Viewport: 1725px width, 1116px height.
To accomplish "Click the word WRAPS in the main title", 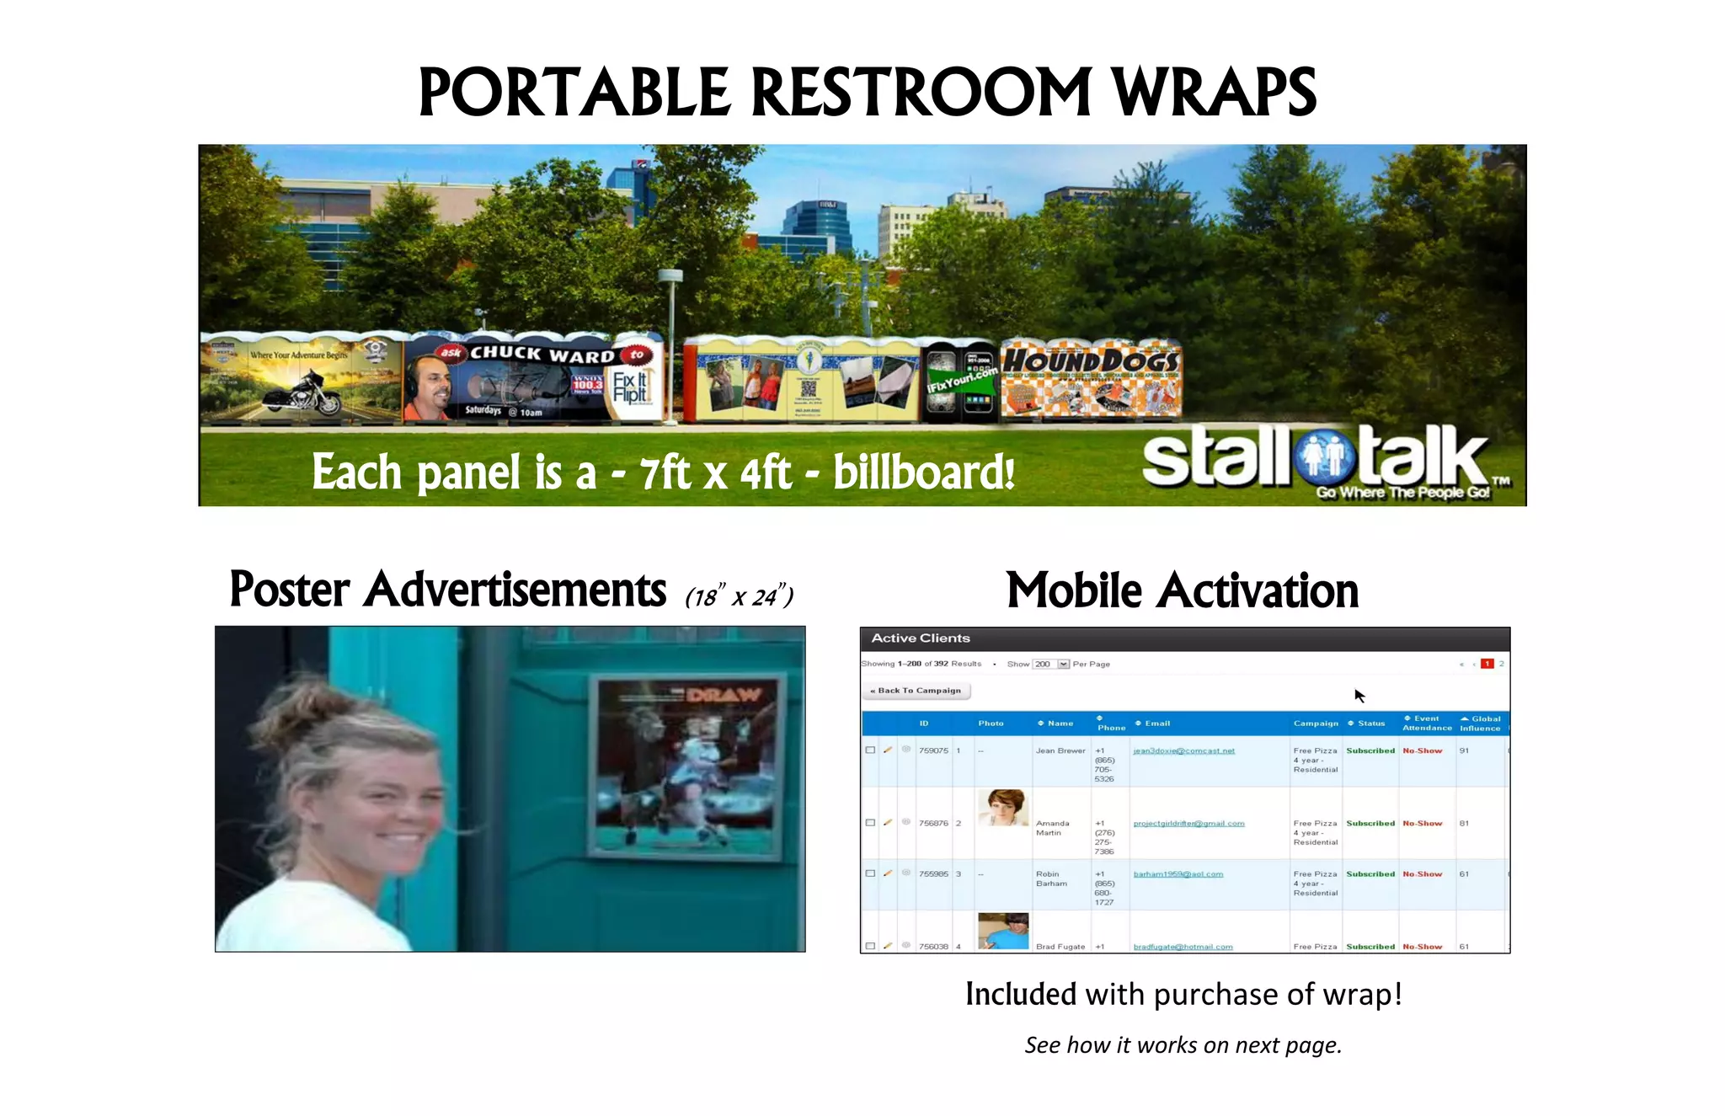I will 1213,93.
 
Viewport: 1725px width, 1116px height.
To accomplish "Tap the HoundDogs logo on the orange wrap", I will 1091,360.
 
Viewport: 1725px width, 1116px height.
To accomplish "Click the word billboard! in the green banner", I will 923,472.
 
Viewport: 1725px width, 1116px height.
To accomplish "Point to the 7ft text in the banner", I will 665,473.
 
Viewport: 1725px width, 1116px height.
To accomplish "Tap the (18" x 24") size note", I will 739,597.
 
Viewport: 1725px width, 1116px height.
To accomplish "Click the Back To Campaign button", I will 916,691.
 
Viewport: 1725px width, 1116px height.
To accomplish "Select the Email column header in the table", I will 1156,724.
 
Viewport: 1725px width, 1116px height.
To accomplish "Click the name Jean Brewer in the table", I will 1060,750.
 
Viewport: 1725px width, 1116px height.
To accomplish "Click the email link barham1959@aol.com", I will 1178,874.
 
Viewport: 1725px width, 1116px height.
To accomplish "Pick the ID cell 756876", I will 932,823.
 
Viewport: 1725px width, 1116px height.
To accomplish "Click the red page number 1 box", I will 1487,664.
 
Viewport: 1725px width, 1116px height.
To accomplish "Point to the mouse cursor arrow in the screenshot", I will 1359,696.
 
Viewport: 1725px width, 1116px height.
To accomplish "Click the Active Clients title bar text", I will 920,638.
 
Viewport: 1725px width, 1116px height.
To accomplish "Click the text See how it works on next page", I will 1183,1045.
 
